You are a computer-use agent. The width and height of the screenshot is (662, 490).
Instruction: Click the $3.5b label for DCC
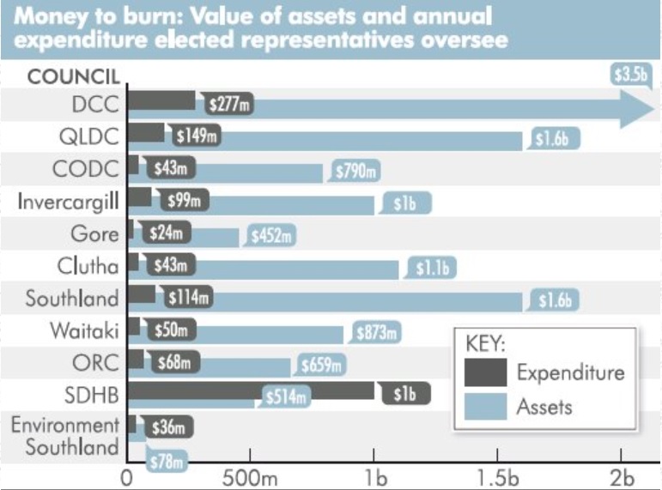click(x=629, y=75)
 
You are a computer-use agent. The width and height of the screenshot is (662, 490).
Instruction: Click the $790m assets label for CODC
click(x=354, y=171)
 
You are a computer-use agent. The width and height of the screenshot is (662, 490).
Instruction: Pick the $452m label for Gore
click(x=270, y=233)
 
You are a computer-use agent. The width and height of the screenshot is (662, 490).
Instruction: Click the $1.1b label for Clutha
click(x=433, y=268)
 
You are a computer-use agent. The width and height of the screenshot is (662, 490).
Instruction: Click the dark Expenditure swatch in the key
click(x=485, y=372)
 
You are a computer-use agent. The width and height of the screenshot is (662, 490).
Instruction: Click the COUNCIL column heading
click(x=74, y=76)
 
